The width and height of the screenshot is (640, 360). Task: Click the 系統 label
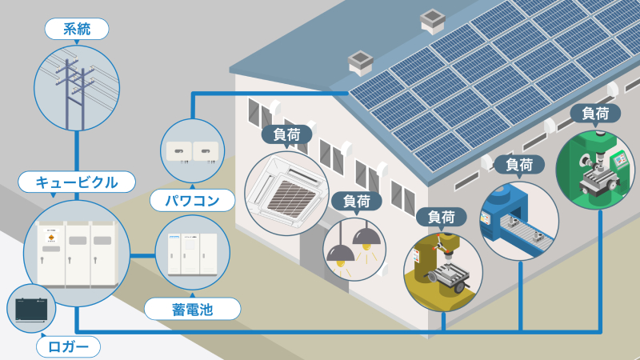77,29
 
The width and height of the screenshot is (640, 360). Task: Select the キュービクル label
77,182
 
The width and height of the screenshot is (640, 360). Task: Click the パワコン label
192,201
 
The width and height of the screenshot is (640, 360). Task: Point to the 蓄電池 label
192,309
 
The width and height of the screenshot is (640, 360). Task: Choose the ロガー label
68,347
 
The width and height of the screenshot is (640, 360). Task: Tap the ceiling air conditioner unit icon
286,193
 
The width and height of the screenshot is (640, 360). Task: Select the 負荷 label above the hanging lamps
357,201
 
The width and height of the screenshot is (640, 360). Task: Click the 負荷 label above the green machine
595,113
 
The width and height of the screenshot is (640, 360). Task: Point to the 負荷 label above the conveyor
519,165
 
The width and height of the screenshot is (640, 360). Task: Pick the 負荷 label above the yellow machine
442,217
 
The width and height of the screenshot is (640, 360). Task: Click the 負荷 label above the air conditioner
286,134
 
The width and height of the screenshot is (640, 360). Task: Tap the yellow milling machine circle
443,272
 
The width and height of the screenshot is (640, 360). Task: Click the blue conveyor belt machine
519,221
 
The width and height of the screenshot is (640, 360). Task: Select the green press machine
595,170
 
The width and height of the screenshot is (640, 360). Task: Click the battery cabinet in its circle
192,254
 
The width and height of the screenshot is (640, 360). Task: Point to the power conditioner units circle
192,150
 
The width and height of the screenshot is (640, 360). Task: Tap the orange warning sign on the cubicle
51,238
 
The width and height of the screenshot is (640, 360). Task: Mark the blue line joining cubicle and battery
143,256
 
